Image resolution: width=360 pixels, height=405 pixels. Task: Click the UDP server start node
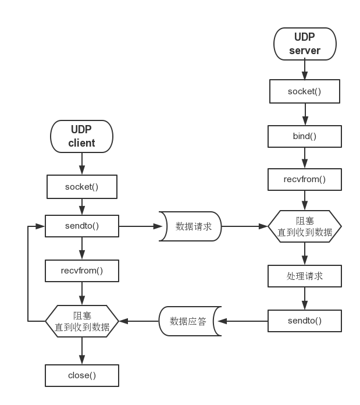[x=305, y=44]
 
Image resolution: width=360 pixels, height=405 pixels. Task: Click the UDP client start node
[x=81, y=136]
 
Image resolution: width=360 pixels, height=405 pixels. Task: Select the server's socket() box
[x=304, y=91]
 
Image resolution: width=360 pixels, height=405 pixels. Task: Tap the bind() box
[x=304, y=136]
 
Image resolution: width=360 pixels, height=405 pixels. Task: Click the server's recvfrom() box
[x=304, y=179]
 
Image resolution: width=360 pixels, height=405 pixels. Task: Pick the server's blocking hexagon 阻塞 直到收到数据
[x=304, y=226]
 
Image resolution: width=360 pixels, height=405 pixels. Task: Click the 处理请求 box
[x=304, y=276]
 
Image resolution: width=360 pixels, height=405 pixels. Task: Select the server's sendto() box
[x=304, y=321]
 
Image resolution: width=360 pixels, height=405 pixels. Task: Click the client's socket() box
[x=81, y=187]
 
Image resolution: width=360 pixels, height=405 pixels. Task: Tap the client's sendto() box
[x=81, y=226]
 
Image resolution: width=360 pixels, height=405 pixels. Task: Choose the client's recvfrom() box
[x=81, y=270]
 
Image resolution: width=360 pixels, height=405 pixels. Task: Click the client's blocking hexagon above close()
[x=81, y=321]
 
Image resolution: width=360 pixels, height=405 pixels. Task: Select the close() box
[x=81, y=375]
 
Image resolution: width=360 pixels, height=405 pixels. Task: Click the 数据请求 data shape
[x=191, y=226]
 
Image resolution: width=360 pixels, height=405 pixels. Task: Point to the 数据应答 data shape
[x=188, y=321]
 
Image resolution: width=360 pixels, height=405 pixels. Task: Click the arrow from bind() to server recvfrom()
[x=304, y=158]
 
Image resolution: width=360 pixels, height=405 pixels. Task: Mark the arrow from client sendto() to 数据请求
[x=139, y=226]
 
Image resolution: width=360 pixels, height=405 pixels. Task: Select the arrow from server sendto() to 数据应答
[x=242, y=321]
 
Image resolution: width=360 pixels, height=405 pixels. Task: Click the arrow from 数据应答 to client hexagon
[x=138, y=321]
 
